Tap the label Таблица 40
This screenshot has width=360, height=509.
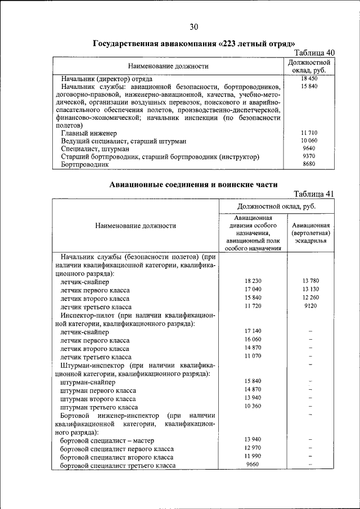(311, 52)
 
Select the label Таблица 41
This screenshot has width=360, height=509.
(314, 194)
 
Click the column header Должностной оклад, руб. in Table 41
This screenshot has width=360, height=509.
(276, 206)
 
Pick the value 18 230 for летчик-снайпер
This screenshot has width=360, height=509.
(253, 281)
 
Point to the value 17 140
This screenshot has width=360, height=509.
(253, 331)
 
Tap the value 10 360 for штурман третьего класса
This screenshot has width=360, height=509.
(253, 406)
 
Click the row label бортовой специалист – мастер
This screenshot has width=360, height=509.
(107, 440)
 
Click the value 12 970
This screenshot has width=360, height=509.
(253, 448)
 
